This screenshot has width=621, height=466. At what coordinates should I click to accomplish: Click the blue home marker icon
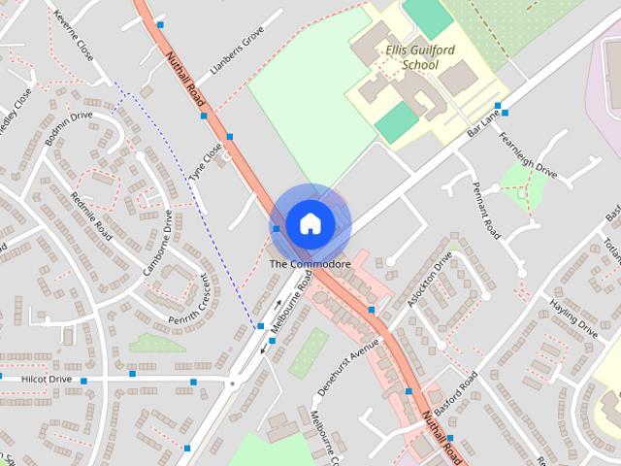point(310,223)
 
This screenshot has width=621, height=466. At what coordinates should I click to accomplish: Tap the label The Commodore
point(310,264)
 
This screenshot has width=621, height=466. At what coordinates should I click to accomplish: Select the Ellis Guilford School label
point(407,56)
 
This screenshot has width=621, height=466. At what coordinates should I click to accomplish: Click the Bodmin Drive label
point(69,129)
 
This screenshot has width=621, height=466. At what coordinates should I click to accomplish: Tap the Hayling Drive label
point(573,317)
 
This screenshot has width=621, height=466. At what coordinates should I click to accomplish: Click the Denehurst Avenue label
point(346,372)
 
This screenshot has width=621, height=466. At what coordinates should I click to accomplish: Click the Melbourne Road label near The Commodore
point(292,302)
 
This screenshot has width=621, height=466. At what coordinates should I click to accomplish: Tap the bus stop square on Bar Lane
point(498,106)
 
